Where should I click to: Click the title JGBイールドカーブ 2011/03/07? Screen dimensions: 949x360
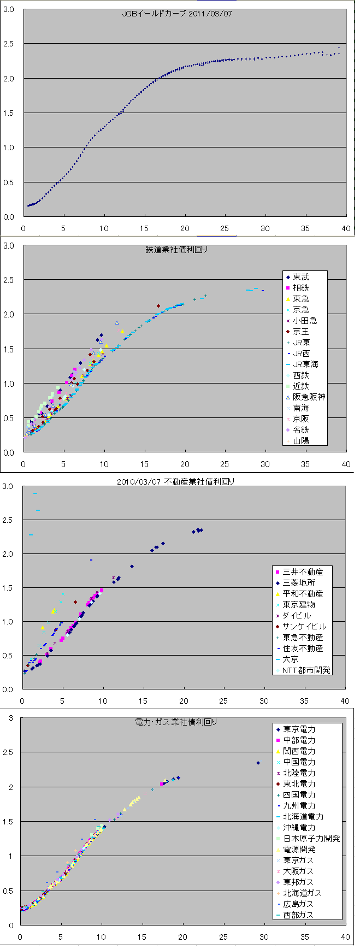pyautogui.click(x=177, y=14)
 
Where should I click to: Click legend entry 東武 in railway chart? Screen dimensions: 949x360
pyautogui.click(x=300, y=277)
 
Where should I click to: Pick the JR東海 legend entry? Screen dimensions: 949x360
pyautogui.click(x=305, y=364)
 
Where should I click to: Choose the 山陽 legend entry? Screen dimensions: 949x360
pyautogui.click(x=300, y=441)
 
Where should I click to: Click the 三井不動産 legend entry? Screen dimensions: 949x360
pyautogui.click(x=303, y=572)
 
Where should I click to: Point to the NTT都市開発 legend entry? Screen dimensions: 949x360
pyautogui.click(x=306, y=670)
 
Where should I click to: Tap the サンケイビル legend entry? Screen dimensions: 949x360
pyautogui.click(x=304, y=627)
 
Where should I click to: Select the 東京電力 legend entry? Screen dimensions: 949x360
pyautogui.click(x=299, y=729)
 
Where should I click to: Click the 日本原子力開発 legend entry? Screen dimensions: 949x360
pyautogui.click(x=311, y=839)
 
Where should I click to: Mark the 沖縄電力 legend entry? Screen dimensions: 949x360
pyautogui.click(x=299, y=828)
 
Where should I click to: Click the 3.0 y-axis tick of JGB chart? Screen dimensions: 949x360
pyautogui.click(x=9, y=9)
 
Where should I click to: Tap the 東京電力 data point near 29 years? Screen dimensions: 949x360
pyautogui.click(x=258, y=763)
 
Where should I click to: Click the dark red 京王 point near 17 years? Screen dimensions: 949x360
pyautogui.click(x=158, y=306)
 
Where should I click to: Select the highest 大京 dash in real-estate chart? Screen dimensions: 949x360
pyautogui.click(x=35, y=493)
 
